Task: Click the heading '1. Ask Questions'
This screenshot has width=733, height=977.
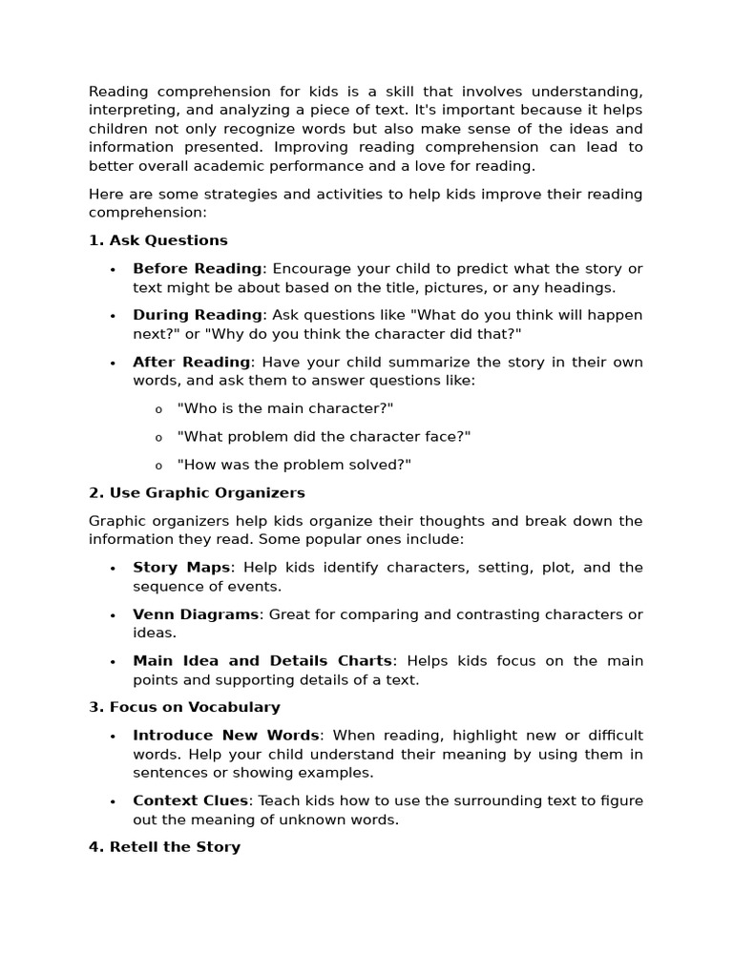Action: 158,240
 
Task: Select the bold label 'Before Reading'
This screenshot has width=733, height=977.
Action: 197,269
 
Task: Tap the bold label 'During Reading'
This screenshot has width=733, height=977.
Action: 197,315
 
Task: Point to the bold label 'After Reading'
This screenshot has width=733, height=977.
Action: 191,363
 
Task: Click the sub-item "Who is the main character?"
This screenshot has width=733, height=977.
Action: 285,408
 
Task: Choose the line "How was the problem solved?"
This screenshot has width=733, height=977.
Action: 294,465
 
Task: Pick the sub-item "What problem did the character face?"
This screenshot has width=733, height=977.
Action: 311,437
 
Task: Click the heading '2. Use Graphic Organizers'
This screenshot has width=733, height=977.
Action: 197,493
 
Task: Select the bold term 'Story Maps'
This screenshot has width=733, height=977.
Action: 181,568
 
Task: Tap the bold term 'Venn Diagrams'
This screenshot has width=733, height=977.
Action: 196,614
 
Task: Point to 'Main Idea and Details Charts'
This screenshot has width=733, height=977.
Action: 262,661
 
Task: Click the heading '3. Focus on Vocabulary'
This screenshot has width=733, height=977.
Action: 184,708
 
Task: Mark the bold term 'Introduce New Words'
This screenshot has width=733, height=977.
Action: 226,736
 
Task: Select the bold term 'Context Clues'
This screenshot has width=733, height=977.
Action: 191,800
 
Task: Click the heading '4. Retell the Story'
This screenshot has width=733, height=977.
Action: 164,847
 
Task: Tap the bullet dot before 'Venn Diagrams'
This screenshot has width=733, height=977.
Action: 113,615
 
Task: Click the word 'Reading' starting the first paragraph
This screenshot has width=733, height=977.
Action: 119,93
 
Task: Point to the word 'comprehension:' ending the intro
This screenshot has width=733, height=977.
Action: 147,213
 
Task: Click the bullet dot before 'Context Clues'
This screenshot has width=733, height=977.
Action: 113,801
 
